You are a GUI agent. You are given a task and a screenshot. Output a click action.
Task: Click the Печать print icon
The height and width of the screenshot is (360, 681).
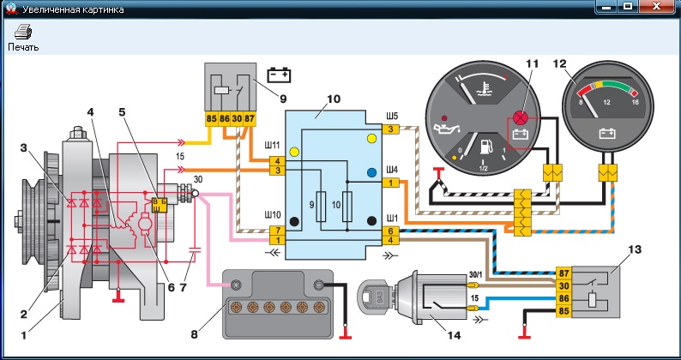(x=22, y=33)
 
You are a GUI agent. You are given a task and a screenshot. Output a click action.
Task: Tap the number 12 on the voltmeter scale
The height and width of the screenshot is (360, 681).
(x=610, y=102)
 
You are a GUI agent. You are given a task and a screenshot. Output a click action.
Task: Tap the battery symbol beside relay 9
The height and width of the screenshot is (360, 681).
(x=280, y=75)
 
